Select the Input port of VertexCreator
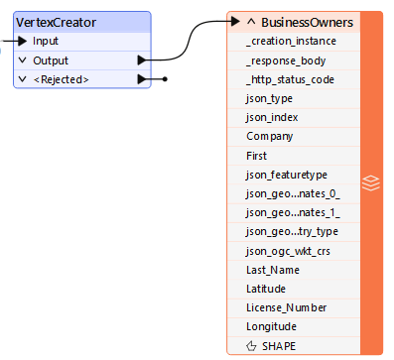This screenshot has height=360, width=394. [45, 41]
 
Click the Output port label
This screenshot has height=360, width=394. [51, 60]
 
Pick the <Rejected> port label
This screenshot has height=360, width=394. [61, 79]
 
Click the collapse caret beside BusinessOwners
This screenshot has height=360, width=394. [251, 21]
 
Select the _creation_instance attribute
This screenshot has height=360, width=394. [290, 41]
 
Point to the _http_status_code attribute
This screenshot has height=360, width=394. [290, 79]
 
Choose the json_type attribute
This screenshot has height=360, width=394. [270, 98]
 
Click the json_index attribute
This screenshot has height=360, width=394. [272, 117]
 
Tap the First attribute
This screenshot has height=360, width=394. [256, 156]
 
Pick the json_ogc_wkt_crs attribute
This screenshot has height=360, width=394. [286, 251]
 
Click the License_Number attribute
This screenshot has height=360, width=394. [286, 307]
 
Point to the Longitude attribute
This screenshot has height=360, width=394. [272, 326]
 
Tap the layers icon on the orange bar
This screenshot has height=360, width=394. [370, 182]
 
